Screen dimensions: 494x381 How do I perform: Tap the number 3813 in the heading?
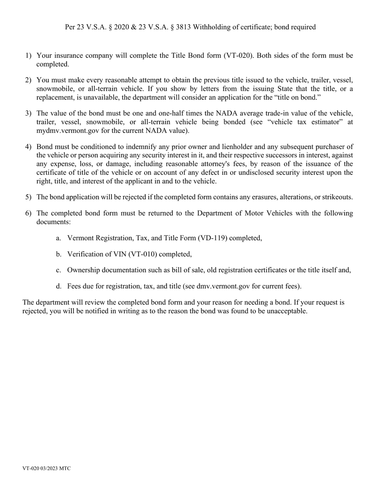click(x=183, y=27)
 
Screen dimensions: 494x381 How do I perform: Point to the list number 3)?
click(x=28, y=113)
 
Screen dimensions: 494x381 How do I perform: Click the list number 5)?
click(x=28, y=197)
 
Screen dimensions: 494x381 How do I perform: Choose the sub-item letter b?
click(x=59, y=254)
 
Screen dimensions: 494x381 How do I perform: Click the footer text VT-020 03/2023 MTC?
click(x=47, y=468)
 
